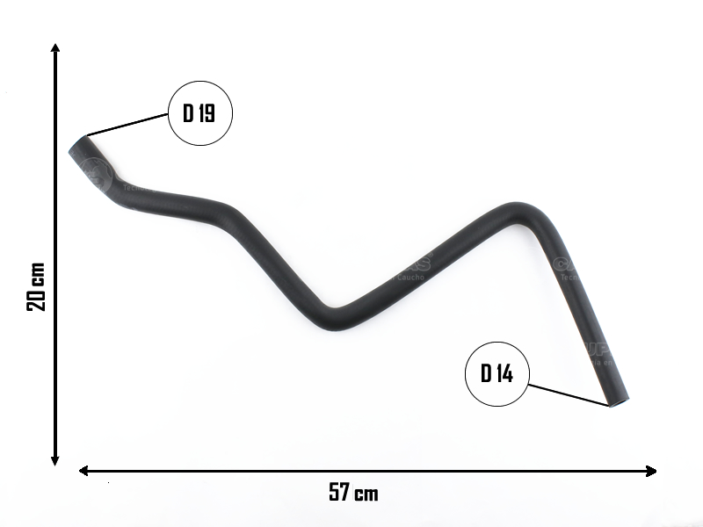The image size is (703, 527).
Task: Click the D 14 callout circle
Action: [x=497, y=373]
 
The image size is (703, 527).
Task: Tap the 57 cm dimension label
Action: [x=353, y=493]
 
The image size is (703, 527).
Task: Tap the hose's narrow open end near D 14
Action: [x=619, y=401]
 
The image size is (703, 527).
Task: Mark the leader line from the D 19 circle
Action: [x=128, y=125]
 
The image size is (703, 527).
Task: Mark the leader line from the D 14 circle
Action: [x=568, y=393]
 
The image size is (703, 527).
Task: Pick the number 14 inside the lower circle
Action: [x=504, y=373]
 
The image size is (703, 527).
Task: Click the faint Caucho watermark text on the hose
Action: [x=410, y=275]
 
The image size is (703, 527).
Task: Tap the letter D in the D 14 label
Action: [x=485, y=373]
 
